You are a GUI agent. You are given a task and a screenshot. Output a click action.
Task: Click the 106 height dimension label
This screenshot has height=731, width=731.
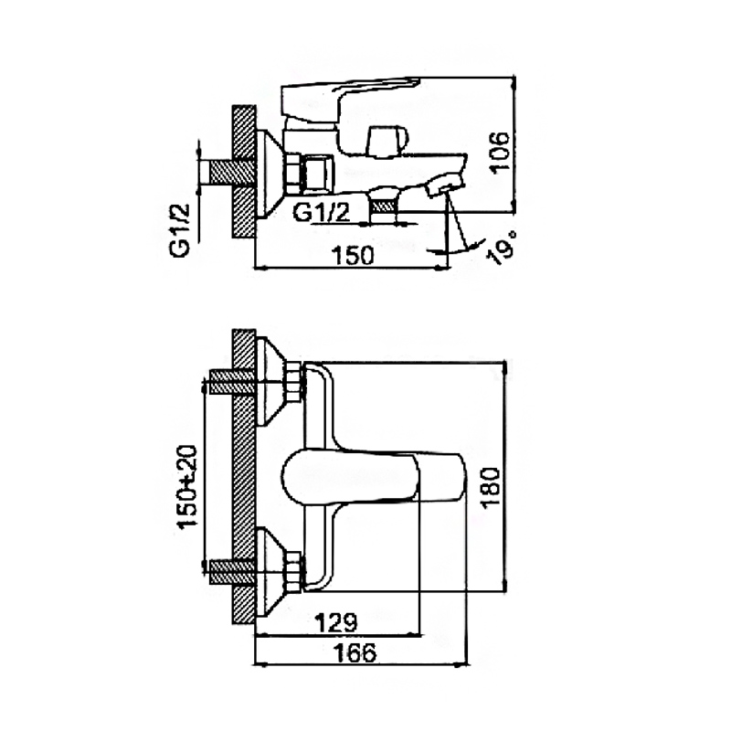click(500, 153)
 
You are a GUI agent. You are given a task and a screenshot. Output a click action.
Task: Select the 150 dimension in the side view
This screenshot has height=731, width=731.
click(353, 255)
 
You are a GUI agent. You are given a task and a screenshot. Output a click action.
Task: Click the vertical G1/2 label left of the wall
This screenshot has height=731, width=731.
click(180, 230)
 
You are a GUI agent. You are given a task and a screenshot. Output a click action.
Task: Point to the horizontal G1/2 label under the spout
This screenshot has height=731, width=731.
click(322, 213)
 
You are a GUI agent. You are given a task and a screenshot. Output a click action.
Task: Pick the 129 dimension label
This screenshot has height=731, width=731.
click(336, 621)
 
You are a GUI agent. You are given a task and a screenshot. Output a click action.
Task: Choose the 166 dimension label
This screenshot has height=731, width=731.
click(355, 652)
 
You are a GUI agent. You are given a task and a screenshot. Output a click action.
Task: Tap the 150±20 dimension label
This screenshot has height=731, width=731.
click(187, 486)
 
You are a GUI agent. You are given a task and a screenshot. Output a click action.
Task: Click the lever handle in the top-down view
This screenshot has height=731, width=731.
click(374, 477)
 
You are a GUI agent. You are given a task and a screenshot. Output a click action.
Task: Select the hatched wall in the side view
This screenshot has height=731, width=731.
click(244, 172)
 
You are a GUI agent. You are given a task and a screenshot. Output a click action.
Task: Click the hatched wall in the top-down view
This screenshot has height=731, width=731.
click(244, 476)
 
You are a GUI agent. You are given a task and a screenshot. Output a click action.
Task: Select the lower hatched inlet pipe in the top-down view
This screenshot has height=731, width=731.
click(232, 571)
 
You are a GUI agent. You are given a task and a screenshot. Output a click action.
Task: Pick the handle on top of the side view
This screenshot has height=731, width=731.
click(350, 100)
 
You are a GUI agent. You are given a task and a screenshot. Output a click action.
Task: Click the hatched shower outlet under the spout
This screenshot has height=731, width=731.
click(383, 204)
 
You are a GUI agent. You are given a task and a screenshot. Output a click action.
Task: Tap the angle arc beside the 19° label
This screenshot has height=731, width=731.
click(466, 247)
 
